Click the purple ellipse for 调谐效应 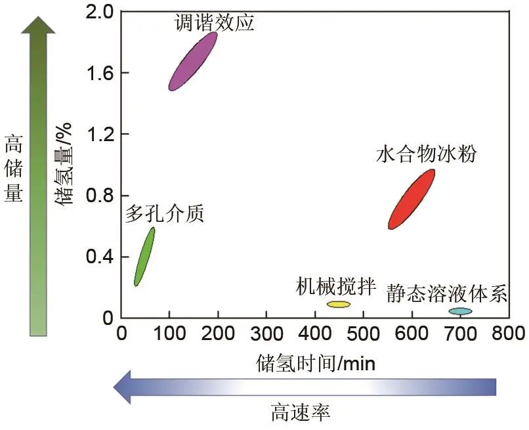click(192, 60)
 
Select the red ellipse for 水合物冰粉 click(412, 199)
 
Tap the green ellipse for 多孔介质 click(144, 257)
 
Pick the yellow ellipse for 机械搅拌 click(339, 304)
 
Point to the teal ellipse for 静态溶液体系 click(460, 311)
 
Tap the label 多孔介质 click(165, 213)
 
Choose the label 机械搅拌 click(335, 286)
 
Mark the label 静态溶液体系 click(447, 293)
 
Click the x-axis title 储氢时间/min click(316, 363)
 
